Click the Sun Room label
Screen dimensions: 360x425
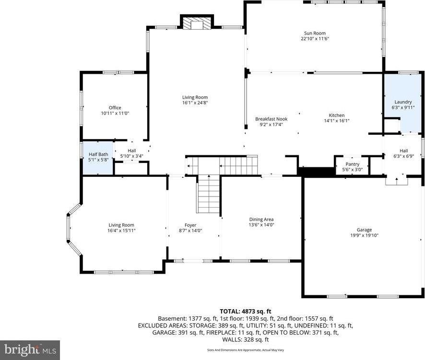pyautogui.click(x=315, y=32)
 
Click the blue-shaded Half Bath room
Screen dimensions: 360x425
pyautogui.click(x=98, y=157)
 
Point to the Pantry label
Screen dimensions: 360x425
pyautogui.click(x=352, y=164)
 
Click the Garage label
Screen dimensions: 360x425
pyautogui.click(x=364, y=230)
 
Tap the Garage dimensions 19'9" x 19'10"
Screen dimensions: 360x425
pyautogui.click(x=364, y=235)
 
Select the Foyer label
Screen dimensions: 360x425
pyautogui.click(x=190, y=225)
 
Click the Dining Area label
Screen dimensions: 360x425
pyautogui.click(x=261, y=219)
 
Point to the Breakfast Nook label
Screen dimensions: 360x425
pyautogui.click(x=271, y=119)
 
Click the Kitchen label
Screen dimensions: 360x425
pyautogui.click(x=336, y=115)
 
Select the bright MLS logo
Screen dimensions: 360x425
pyautogui.click(x=30, y=349)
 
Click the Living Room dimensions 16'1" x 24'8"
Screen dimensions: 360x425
pyautogui.click(x=195, y=103)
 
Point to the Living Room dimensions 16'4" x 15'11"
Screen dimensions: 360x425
pyautogui.click(x=121, y=231)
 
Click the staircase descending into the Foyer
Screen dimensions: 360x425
pyautogui.click(x=208, y=194)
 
